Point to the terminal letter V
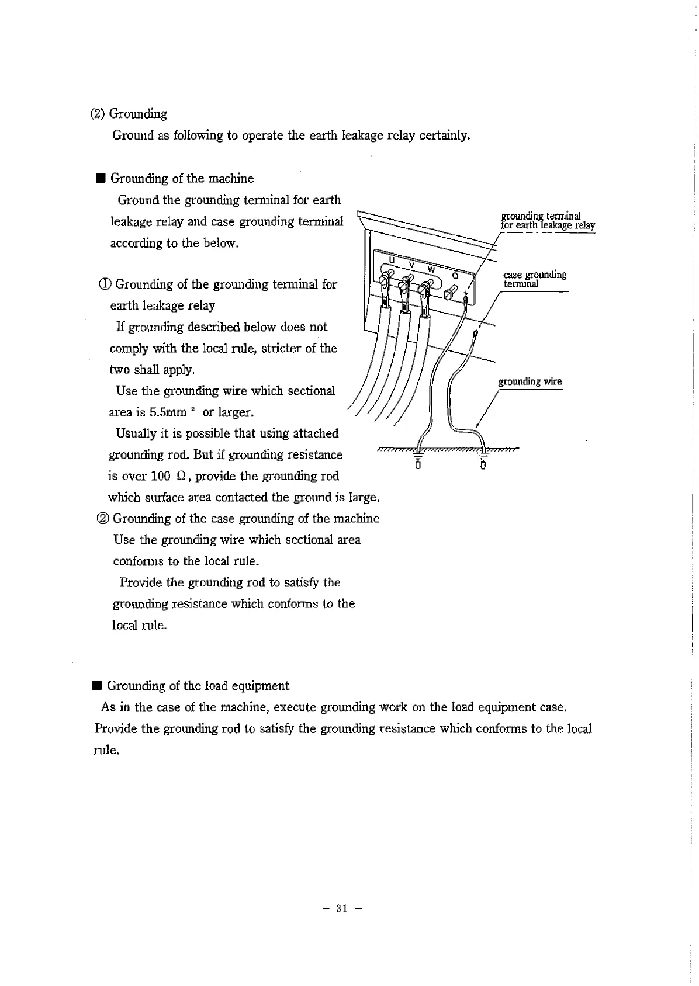[411, 265]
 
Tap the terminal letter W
[431, 269]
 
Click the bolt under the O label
[451, 291]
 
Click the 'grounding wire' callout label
[530, 381]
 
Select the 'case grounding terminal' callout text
[534, 279]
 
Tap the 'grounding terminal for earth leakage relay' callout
[547, 221]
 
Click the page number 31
[342, 908]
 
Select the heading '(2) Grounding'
[129, 114]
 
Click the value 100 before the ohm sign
[160, 476]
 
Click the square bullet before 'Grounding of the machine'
[100, 179]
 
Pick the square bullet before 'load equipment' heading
[97, 686]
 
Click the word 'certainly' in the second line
[444, 136]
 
